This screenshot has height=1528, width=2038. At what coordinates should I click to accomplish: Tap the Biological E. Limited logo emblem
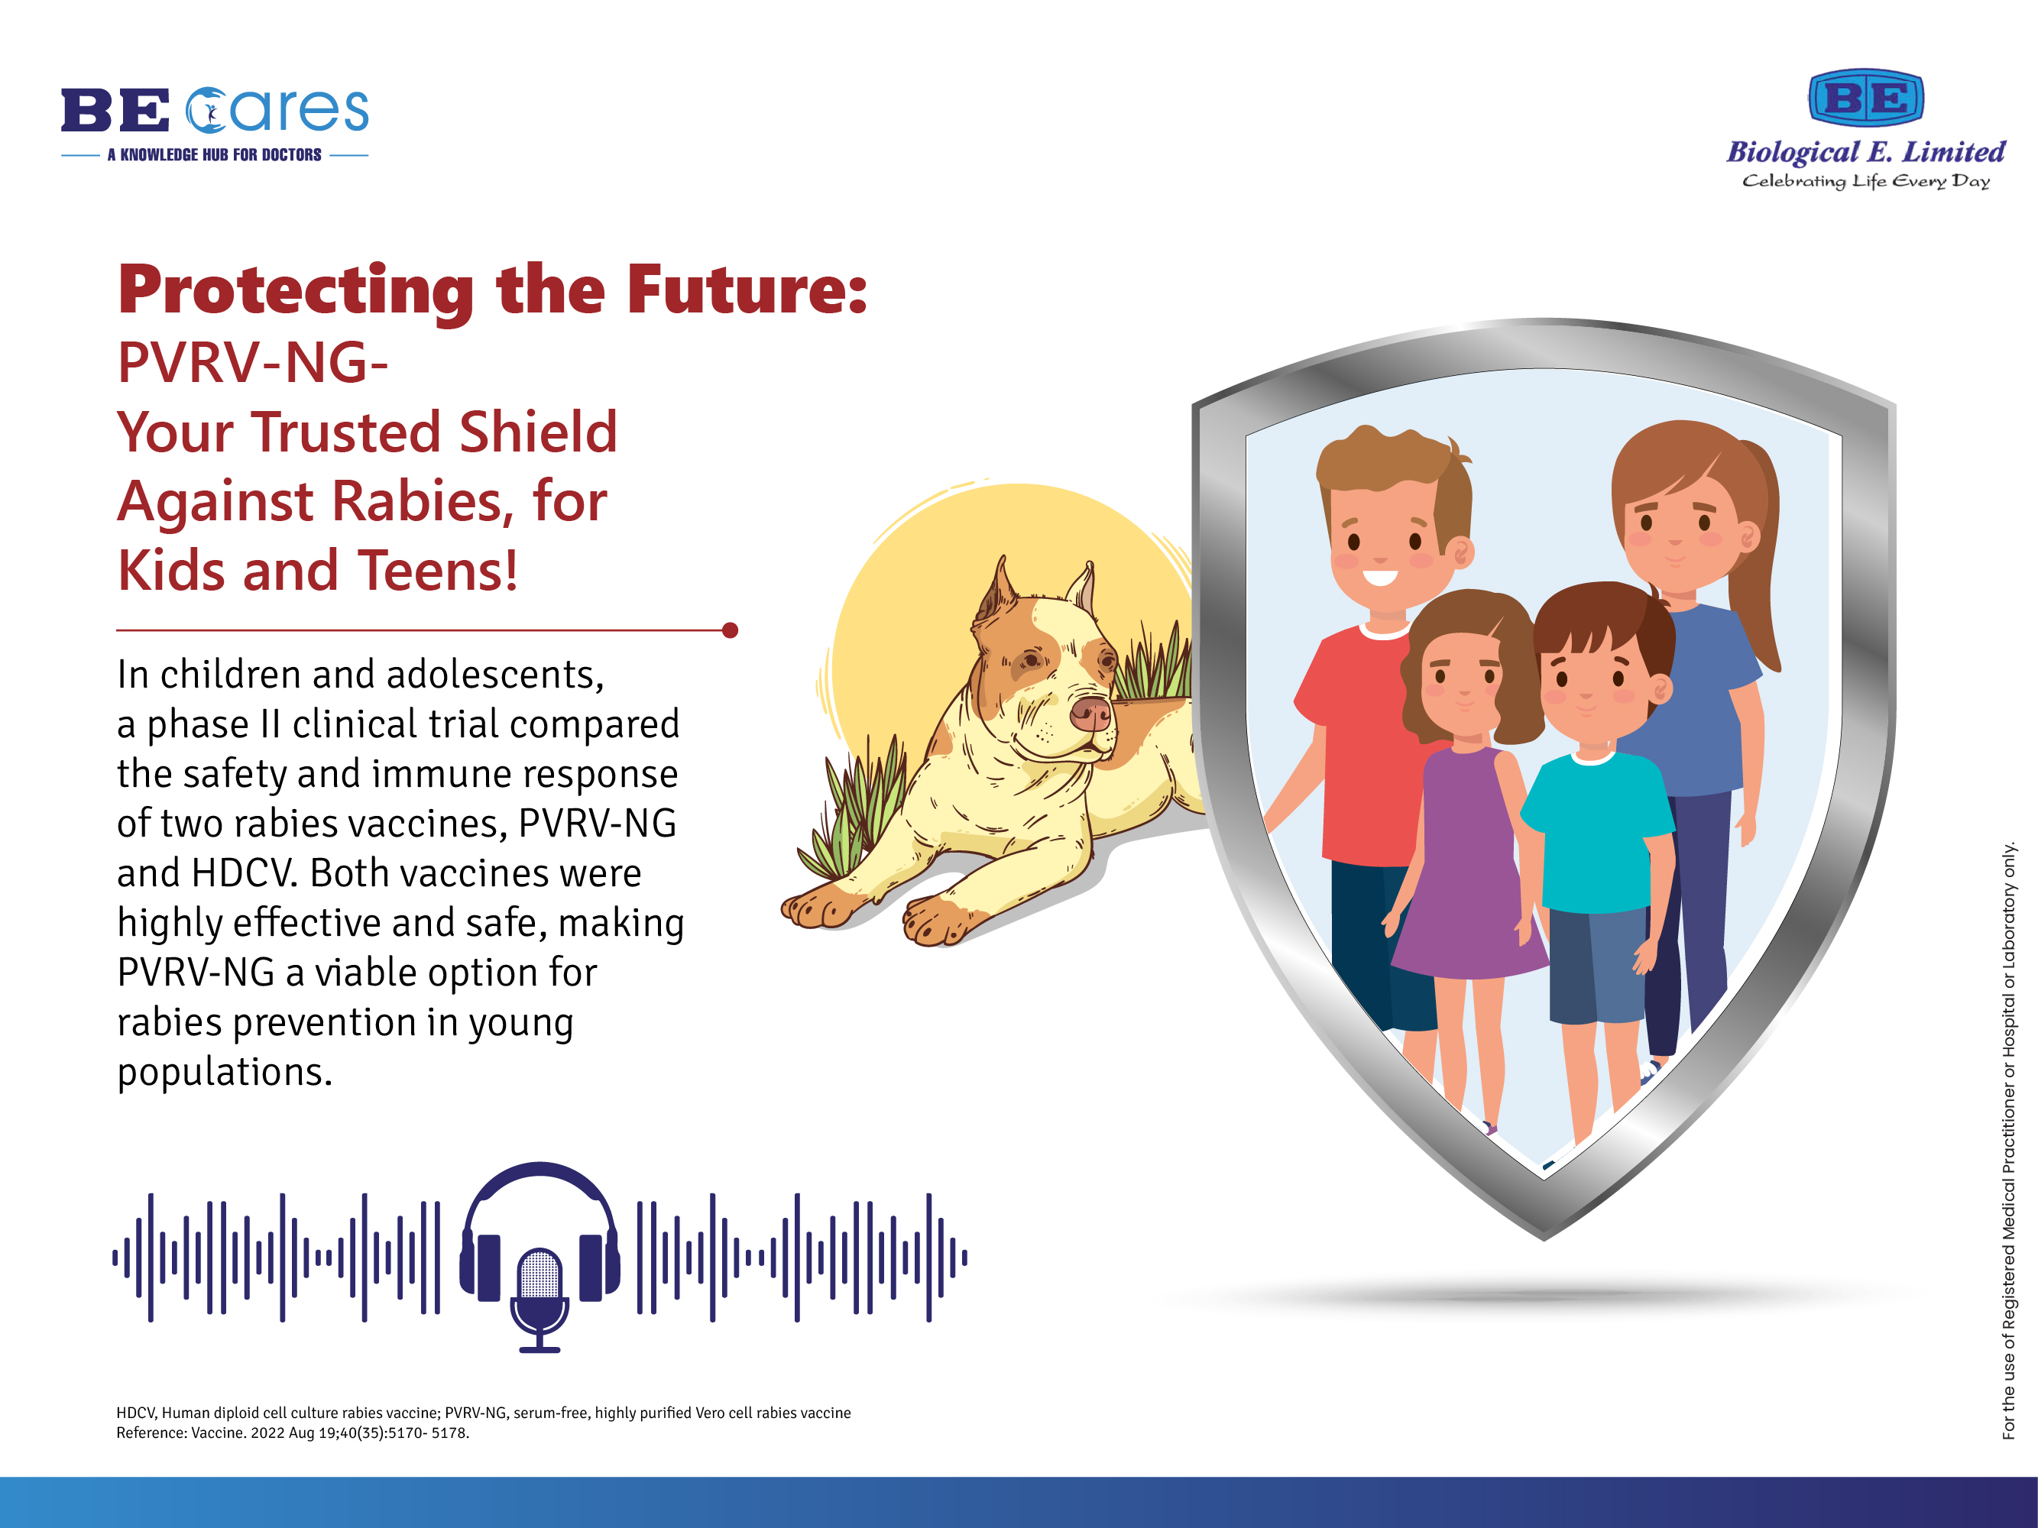1866,98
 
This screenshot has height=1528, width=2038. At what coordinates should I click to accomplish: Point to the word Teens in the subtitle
438,571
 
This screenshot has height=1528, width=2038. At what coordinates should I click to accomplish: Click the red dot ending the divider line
730,630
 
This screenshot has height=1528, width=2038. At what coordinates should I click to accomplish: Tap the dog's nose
1092,713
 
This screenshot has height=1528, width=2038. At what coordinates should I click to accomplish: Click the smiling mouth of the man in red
1380,578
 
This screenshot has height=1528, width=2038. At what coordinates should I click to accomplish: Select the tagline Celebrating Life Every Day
1866,181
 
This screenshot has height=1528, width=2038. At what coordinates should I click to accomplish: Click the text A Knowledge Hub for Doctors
215,155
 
